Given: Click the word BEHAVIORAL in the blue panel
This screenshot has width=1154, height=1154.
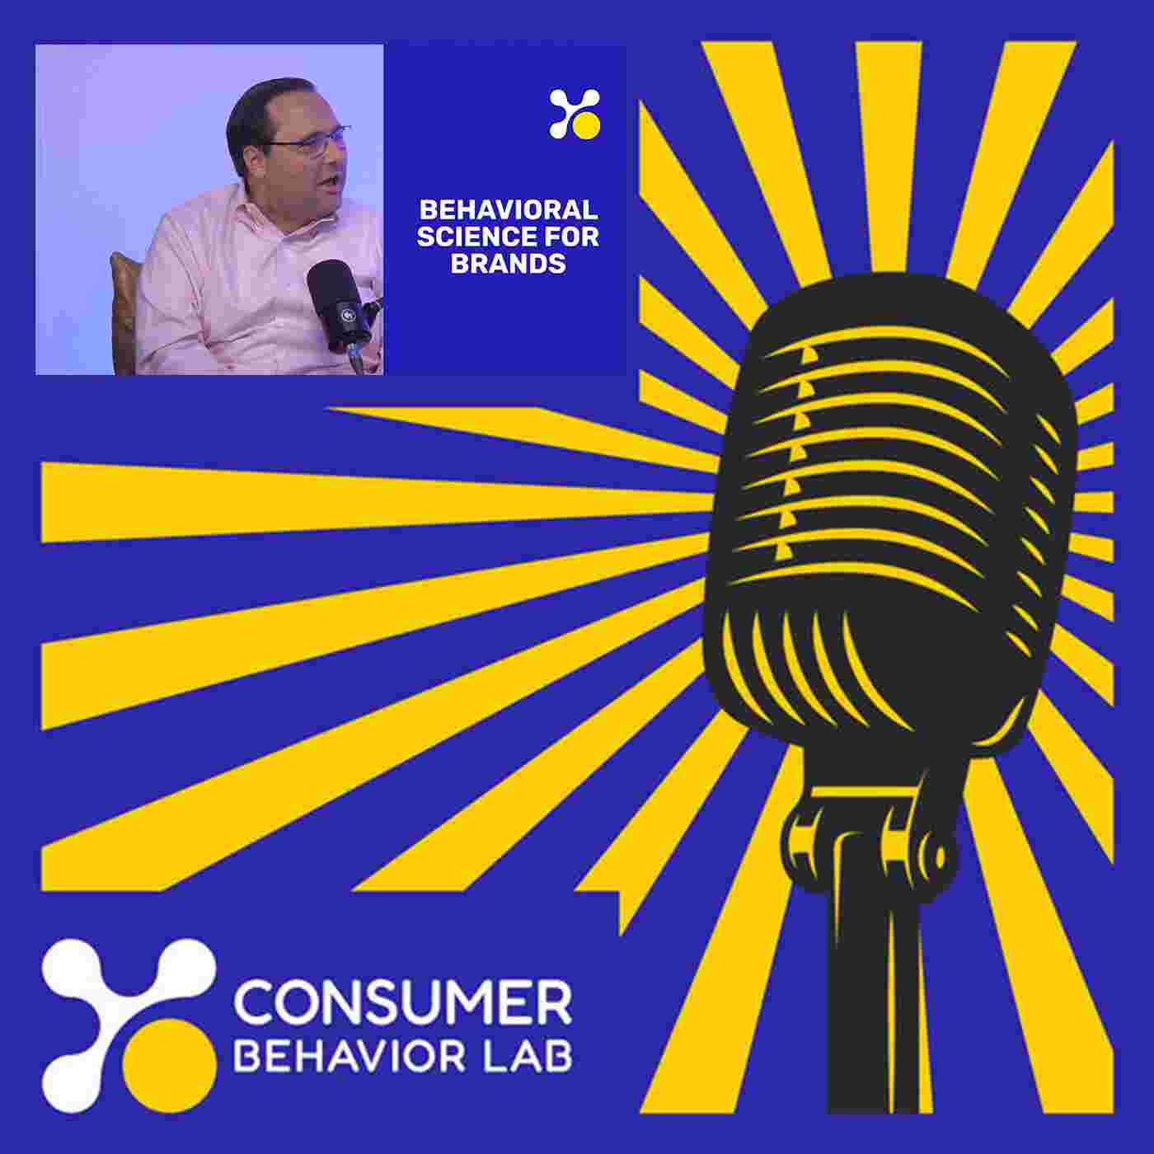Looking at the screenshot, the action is [x=509, y=209].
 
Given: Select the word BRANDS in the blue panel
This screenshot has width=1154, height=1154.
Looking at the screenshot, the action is [x=508, y=263].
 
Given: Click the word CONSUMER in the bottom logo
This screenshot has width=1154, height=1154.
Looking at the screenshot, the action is [x=402, y=1003].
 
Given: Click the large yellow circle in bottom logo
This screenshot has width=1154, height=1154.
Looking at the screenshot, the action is [x=170, y=1065].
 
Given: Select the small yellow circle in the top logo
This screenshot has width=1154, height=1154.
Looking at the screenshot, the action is [x=586, y=126].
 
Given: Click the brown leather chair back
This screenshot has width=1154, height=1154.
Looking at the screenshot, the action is [x=124, y=312].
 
